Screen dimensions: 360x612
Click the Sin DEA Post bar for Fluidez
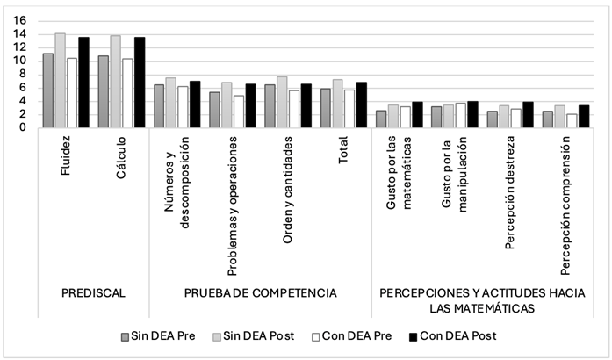pos(60,81)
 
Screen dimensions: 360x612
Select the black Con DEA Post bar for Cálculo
pos(139,83)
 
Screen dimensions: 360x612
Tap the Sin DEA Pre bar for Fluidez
pos(48,90)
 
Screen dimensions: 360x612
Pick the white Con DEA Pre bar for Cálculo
pos(127,93)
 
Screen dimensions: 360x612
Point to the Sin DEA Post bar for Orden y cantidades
pos(282,102)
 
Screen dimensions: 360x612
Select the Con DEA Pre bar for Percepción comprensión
pos(571,120)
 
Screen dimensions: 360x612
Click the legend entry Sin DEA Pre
pos(159,335)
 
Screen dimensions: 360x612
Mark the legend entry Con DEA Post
pos(451,335)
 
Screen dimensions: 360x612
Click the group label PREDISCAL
pos(92,292)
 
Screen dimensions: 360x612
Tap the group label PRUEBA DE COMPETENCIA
pos(259,292)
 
